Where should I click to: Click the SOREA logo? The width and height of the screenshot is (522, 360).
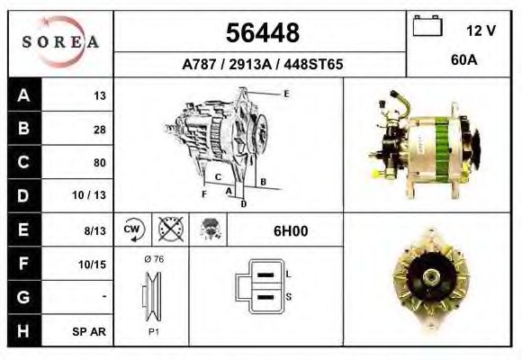60,41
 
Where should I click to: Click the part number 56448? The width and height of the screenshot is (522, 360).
262,34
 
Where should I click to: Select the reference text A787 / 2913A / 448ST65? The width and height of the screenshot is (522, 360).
262,65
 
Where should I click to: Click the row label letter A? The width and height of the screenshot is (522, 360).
23,95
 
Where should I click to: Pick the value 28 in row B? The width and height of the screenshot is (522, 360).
99,130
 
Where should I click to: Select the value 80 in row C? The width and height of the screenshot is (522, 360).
99,163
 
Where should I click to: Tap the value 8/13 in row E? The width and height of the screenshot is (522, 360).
94,230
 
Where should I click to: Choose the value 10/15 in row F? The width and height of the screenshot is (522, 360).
94,265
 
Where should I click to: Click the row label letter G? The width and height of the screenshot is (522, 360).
23,297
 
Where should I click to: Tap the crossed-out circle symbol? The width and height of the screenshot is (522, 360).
168,229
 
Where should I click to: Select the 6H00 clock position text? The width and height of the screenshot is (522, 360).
290,230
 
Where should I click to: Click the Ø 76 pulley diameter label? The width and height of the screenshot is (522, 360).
153,259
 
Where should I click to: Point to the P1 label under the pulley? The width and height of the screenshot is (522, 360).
153,330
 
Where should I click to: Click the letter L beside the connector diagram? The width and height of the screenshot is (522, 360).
287,273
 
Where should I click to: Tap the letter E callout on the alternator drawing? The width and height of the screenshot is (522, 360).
285,94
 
